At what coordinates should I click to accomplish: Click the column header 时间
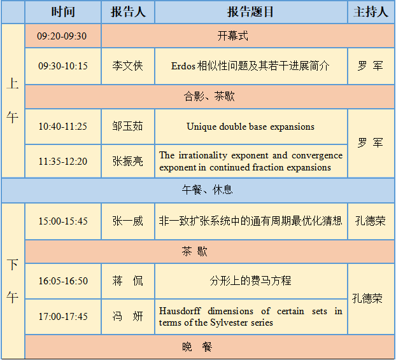[x=63, y=12]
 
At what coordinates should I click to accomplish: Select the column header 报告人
[x=128, y=12]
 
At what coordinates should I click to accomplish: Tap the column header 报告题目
[x=251, y=12]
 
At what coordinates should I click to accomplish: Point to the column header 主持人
[x=371, y=12]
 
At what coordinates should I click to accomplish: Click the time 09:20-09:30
[x=62, y=36]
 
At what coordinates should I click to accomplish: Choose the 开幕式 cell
[x=233, y=36]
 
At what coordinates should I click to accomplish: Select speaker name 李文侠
[x=128, y=66]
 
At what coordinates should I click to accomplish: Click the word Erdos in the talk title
[x=183, y=66]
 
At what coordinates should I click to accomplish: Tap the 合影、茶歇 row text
[x=209, y=96]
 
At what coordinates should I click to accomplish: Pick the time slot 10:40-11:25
[x=62, y=127]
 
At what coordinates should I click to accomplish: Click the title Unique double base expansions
[x=251, y=127]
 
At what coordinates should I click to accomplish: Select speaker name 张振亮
[x=128, y=161]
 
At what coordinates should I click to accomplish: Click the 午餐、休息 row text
[x=208, y=190]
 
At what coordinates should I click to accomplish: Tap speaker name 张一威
[x=128, y=221]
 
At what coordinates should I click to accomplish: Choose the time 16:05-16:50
[x=63, y=281]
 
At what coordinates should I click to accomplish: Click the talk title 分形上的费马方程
[x=251, y=280]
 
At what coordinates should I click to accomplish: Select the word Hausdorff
[x=180, y=311]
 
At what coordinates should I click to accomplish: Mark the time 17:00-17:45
[x=63, y=317]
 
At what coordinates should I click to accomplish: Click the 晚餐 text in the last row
[x=197, y=347]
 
